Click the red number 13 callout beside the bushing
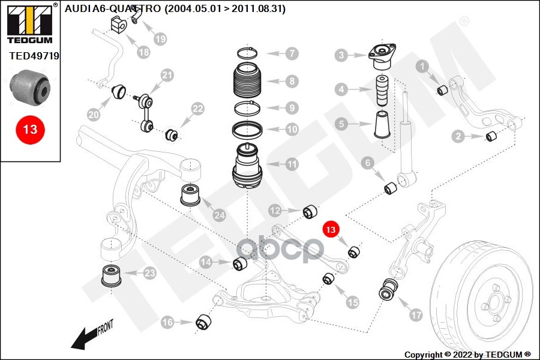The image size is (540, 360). click(331, 229)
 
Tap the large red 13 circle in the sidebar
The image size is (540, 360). click(30, 130)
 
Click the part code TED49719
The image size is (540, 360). click(34, 56)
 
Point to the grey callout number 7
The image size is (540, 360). click(292, 53)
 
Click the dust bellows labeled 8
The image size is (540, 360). click(247, 81)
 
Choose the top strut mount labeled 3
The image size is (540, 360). click(382, 56)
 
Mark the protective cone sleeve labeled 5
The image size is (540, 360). click(382, 125)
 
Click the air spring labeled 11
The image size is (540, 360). click(247, 166)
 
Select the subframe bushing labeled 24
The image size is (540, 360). click(190, 196)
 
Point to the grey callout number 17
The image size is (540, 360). click(416, 314)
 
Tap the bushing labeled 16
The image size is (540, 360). click(203, 322)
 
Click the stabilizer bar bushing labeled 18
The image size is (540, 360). click(119, 25)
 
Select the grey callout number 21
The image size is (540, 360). click(167, 75)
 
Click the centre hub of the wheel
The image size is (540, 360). click(495, 302)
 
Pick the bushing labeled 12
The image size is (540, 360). click(310, 212)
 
